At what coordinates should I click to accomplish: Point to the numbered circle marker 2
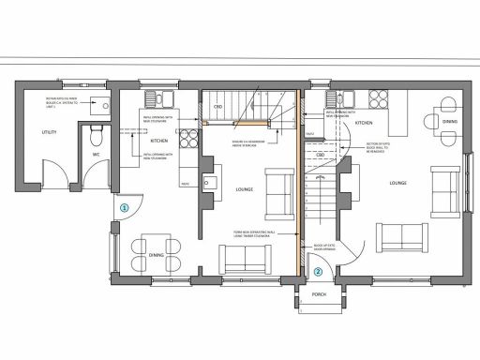(x=318, y=272)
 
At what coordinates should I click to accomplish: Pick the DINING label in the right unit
(x=451, y=122)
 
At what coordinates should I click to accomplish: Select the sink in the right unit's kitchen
(x=337, y=98)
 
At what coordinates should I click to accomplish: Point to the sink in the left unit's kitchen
(x=155, y=98)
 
